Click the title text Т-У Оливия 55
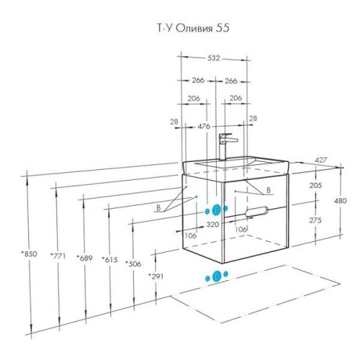click(193, 28)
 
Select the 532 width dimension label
click(214, 58)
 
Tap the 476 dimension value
click(203, 126)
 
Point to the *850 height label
click(29, 254)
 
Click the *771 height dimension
click(58, 256)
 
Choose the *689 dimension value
click(85, 258)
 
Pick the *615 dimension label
click(110, 260)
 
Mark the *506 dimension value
click(133, 264)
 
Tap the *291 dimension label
click(156, 276)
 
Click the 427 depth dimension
click(321, 160)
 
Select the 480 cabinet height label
click(340, 200)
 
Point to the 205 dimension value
click(315, 185)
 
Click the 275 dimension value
click(315, 220)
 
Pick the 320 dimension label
click(213, 224)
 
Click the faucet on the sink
click(225, 146)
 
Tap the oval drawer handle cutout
click(257, 211)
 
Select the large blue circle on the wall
click(216, 210)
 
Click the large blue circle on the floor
click(217, 277)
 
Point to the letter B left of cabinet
click(158, 207)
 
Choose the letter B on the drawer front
click(268, 190)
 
